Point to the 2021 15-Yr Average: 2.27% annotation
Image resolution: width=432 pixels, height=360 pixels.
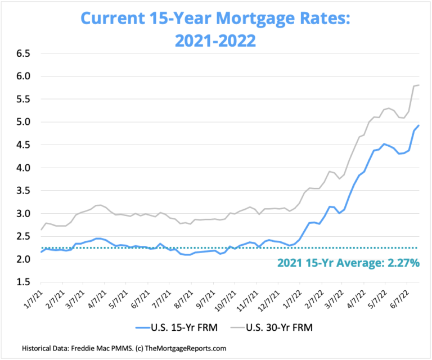pyautogui.click(x=348, y=262)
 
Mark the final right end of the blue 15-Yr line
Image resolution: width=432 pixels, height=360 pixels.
pyautogui.click(x=419, y=125)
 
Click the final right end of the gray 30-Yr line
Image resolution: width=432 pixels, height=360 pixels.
pyautogui.click(x=419, y=85)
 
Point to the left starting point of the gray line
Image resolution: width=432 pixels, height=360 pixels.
pyautogui.click(x=40, y=229)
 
